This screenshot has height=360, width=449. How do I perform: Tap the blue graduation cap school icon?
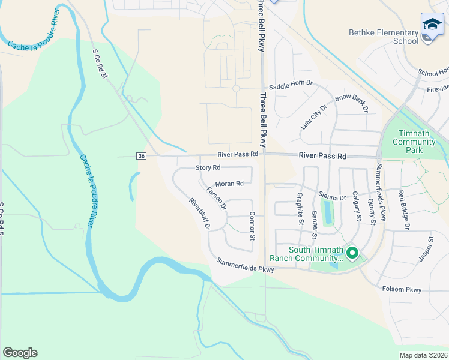[x=432, y=25]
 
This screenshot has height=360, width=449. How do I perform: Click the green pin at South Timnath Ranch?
[x=352, y=254]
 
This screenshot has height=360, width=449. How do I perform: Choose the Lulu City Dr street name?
[x=313, y=116]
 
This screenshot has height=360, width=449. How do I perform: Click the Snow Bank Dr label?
[x=352, y=104]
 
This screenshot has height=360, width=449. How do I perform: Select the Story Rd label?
[x=208, y=168]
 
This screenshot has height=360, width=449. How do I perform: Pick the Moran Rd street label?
[x=229, y=184]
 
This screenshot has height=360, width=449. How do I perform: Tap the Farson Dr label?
[x=216, y=198]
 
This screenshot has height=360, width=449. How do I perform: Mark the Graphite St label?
[x=300, y=208]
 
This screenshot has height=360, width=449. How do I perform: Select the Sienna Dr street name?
[x=334, y=197]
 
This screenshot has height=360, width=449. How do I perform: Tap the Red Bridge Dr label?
[x=403, y=209]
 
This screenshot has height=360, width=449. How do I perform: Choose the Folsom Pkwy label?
[x=402, y=289]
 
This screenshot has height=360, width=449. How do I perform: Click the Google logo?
[x=20, y=353]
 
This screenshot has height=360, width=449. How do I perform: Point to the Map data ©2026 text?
[x=423, y=355]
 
